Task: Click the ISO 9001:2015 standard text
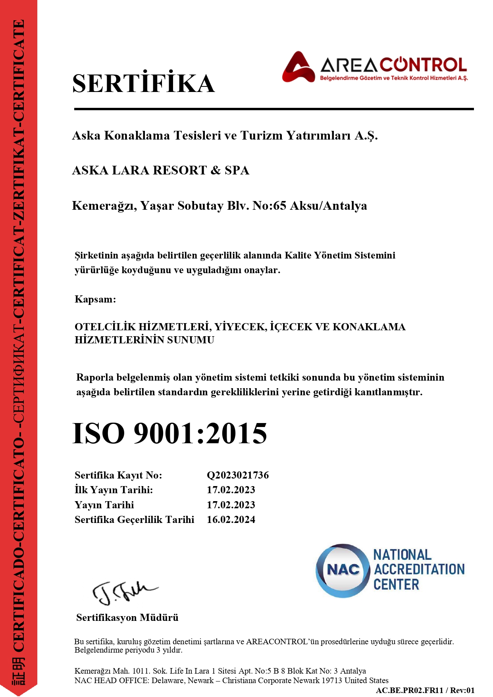point(170,433)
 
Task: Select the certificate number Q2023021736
point(238,475)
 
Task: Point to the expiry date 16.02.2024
point(231,519)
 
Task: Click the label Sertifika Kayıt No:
point(118,475)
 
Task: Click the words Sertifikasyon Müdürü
point(127,617)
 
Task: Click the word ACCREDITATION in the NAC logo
point(419,569)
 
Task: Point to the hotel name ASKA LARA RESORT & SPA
point(160,170)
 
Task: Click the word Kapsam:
point(95,299)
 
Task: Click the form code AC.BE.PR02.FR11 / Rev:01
point(425,690)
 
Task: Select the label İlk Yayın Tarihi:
point(114,490)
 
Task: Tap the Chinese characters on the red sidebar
point(19,670)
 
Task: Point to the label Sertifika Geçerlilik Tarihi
point(135,519)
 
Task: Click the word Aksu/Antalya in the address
point(329,205)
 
